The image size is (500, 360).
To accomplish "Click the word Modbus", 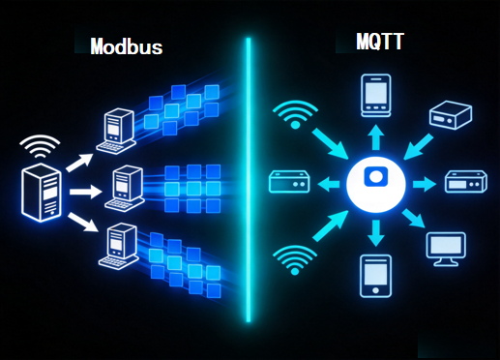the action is pyautogui.click(x=127, y=46).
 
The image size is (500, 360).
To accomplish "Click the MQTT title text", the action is pyautogui.click(x=380, y=42).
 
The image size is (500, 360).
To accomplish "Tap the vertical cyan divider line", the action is pyautogui.click(x=249, y=180).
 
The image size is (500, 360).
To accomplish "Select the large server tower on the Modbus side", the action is pyautogui.click(x=42, y=193).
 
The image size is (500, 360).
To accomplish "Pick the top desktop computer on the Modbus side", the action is pyautogui.click(x=116, y=131).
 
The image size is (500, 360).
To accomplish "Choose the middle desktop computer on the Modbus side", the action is pyautogui.click(x=125, y=188).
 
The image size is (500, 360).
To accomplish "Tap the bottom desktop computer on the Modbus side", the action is pyautogui.click(x=118, y=246).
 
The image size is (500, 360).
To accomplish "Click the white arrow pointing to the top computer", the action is pyautogui.click(x=79, y=163).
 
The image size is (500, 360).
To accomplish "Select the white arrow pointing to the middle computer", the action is pyautogui.click(x=86, y=192).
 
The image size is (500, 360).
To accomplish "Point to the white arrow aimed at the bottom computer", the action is pyautogui.click(x=82, y=222).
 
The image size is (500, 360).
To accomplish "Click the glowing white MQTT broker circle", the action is pyautogui.click(x=376, y=185).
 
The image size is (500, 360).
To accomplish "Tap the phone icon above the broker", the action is pyautogui.click(x=376, y=95).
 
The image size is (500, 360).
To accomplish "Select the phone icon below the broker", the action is pyautogui.click(x=375, y=276).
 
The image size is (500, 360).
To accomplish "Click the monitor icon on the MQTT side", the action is pyautogui.click(x=446, y=249).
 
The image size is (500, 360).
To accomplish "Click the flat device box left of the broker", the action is pyautogui.click(x=289, y=182).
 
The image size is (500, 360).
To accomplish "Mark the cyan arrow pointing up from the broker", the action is pyautogui.click(x=376, y=137).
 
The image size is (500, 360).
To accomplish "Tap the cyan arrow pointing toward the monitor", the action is pyautogui.click(x=414, y=218).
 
